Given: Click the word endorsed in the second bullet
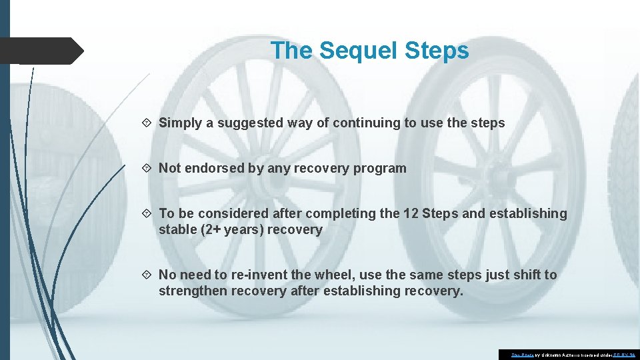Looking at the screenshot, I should click(x=213, y=168).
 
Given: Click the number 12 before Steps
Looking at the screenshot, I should click(x=411, y=213).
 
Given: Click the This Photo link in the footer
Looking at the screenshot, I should click(x=523, y=355).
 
